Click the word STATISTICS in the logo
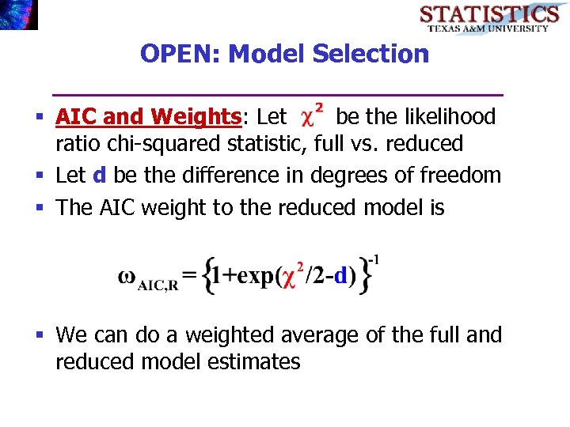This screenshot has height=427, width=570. click(488, 13)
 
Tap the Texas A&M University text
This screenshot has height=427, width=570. click(488, 28)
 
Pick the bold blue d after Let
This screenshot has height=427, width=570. click(99, 174)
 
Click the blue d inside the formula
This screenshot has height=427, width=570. click(340, 276)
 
